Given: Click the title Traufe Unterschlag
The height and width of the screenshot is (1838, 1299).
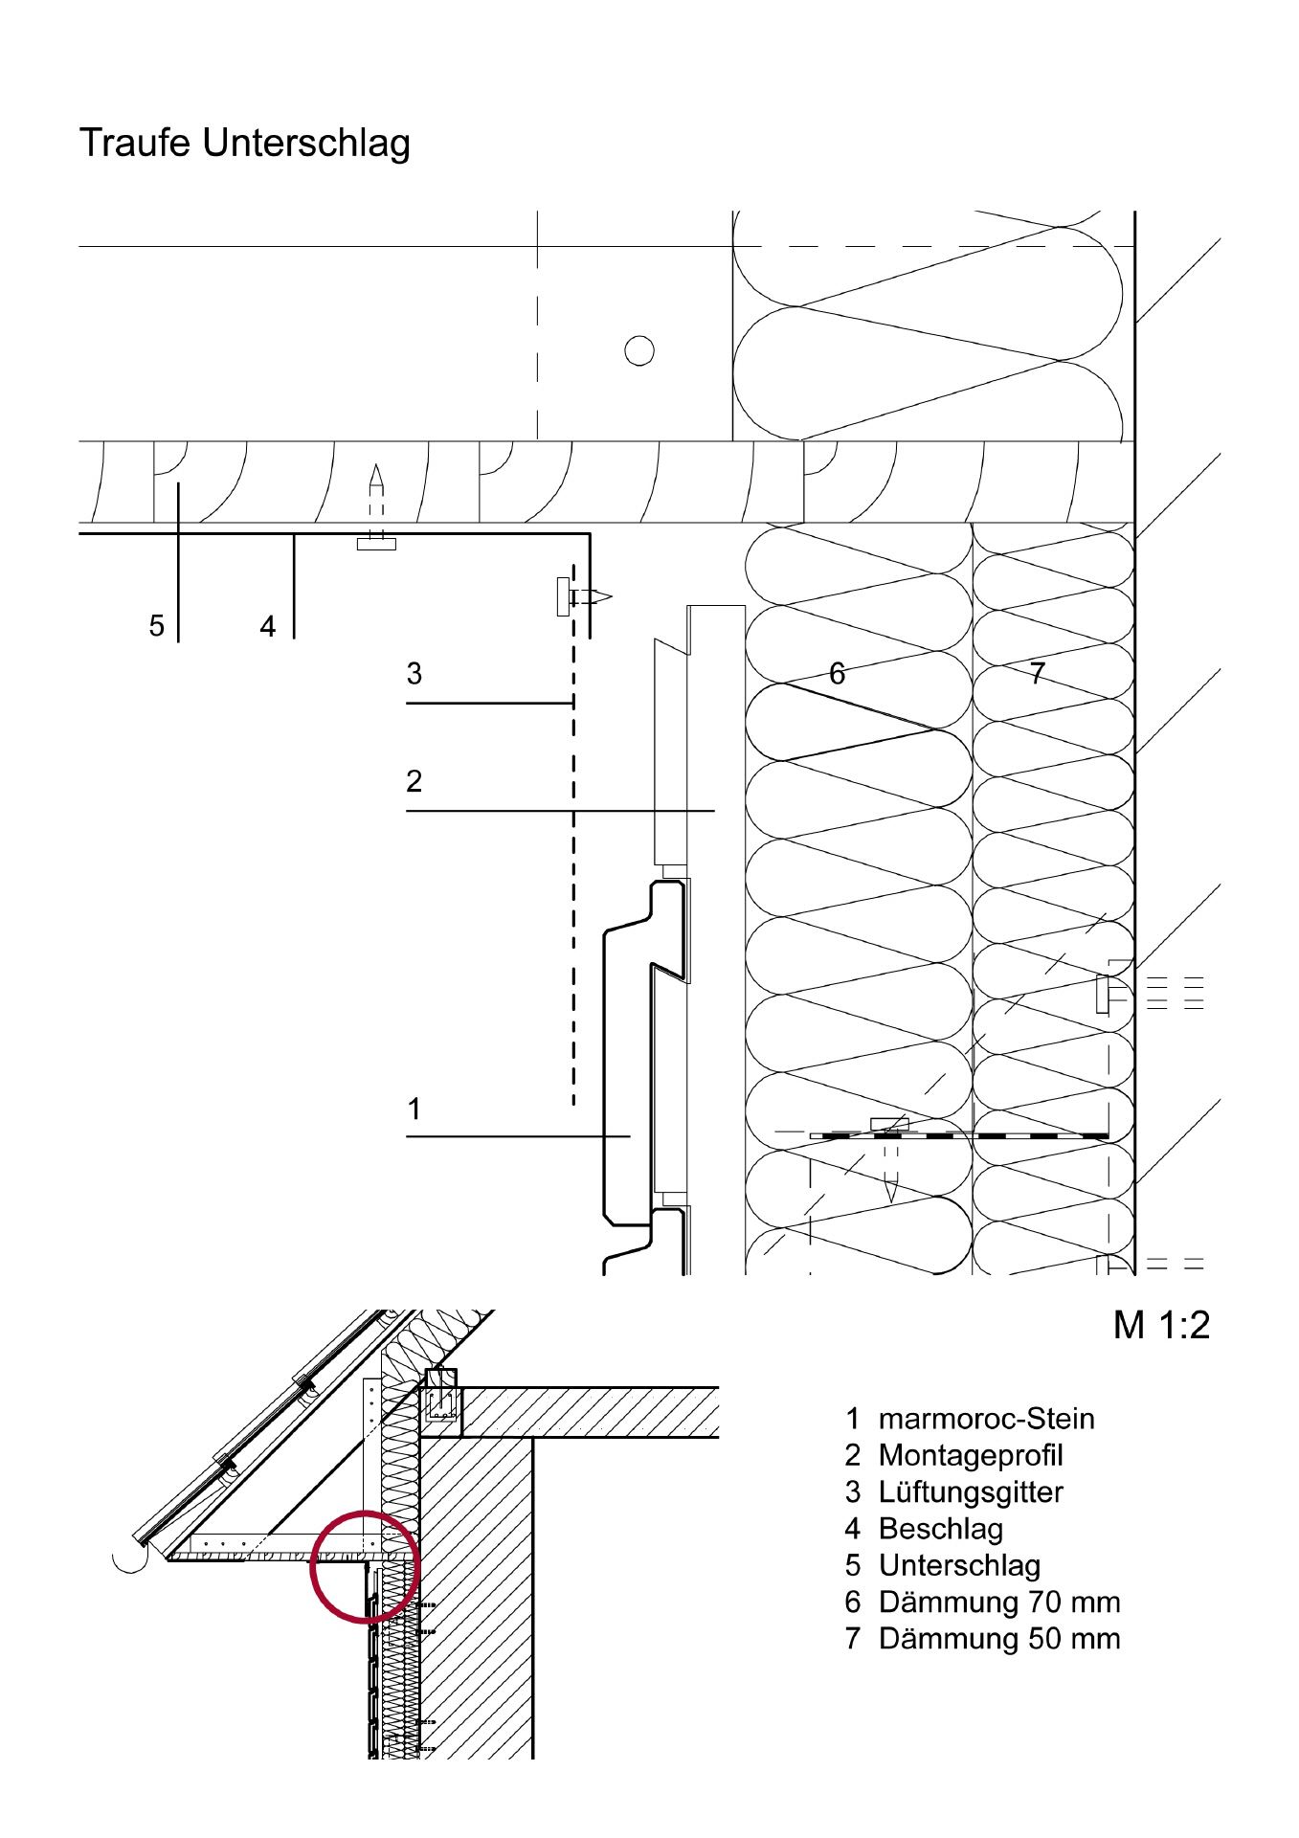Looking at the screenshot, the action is click(244, 144).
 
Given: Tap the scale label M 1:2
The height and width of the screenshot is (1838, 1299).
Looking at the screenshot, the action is click(1161, 1325).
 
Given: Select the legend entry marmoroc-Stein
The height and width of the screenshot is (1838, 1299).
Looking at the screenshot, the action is click(986, 1419).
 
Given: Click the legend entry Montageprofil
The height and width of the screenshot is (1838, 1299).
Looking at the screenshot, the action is click(971, 1455).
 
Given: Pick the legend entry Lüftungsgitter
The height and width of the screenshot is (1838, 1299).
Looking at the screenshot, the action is click(971, 1491).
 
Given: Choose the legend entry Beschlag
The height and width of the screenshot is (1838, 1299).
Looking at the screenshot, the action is click(941, 1529).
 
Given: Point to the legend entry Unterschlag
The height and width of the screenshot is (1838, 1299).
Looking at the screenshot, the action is click(959, 1565).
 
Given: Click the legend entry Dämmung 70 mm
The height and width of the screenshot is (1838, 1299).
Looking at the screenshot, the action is click(999, 1602).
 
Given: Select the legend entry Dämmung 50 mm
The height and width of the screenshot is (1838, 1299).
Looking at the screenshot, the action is click(999, 1638).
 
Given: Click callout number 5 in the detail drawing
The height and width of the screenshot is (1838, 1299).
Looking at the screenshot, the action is click(157, 626).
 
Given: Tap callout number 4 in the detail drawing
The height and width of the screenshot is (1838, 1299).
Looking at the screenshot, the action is click(268, 626).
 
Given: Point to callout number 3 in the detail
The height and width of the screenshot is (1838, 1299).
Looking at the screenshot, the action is click(414, 674).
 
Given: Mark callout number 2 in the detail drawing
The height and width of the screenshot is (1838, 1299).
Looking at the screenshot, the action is click(414, 781).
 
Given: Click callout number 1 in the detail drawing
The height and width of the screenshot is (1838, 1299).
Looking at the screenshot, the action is click(414, 1110).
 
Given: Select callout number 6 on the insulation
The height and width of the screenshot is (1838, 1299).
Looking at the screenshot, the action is click(838, 674).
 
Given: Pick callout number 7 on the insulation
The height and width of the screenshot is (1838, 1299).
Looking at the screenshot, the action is click(1038, 674).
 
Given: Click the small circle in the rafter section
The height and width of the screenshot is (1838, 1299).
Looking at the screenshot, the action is click(639, 351).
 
